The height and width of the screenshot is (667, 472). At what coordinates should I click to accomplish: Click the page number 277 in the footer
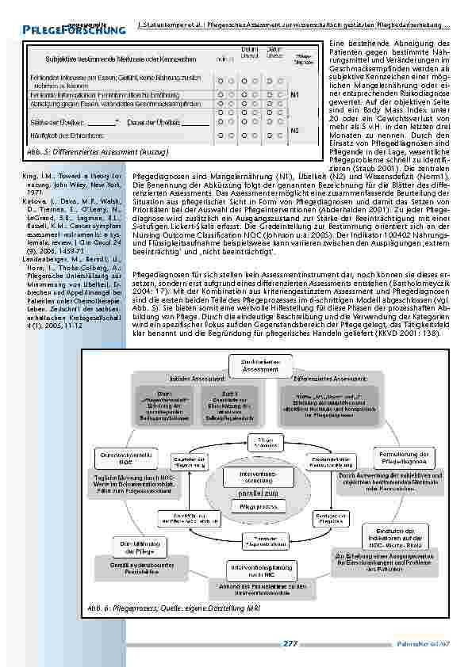290,644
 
